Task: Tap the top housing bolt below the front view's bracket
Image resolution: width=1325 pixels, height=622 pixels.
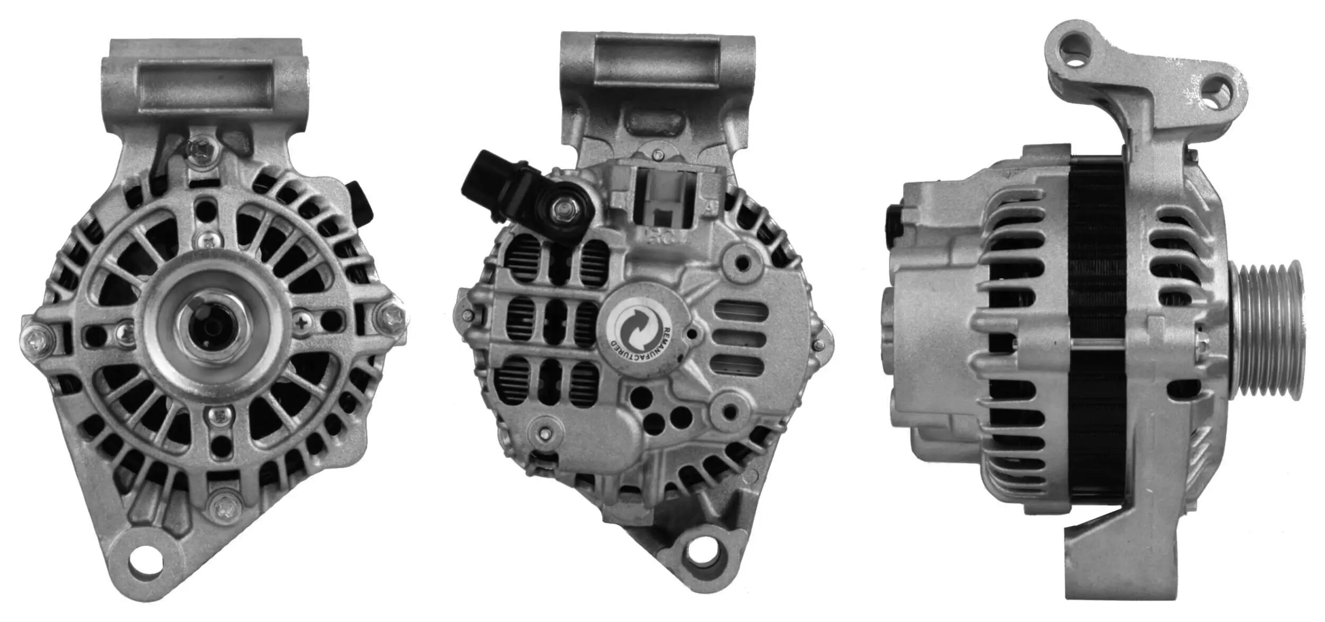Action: [x=202, y=149]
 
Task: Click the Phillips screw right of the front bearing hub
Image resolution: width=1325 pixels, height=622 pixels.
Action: [x=301, y=322]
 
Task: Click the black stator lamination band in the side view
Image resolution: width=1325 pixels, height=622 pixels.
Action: [x=1096, y=328]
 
